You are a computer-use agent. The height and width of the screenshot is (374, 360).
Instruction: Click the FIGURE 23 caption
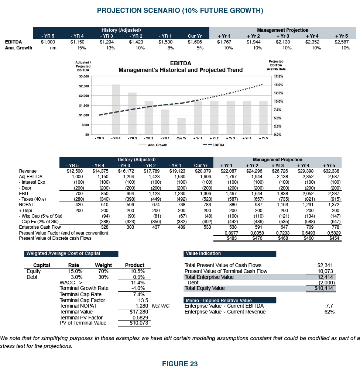click(180, 364)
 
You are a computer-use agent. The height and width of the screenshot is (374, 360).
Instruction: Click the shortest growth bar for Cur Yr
click(181, 126)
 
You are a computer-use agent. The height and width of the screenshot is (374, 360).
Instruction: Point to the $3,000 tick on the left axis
click(84, 76)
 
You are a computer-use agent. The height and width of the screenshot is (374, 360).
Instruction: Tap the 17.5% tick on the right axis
click(278, 76)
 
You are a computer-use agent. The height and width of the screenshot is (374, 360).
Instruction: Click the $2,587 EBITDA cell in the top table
click(342, 42)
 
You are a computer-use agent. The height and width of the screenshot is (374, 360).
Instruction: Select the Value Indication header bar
click(230, 253)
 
